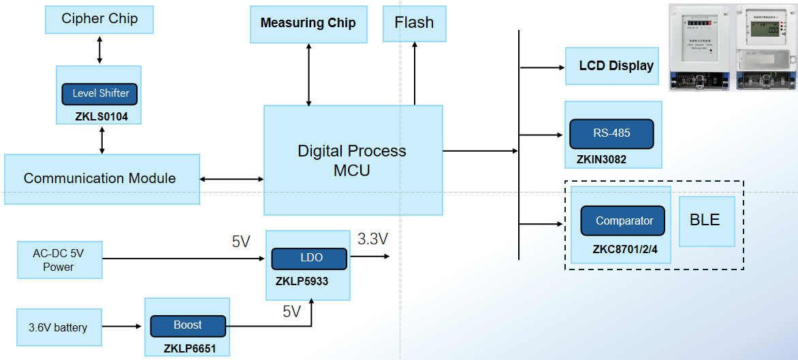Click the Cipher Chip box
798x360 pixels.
99,19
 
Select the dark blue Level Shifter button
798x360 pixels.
100,93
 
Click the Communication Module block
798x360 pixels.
101,178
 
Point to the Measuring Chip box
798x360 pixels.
308,23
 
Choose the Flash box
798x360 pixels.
414,23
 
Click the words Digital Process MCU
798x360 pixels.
352,161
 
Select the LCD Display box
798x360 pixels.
612,66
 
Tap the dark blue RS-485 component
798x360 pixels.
611,133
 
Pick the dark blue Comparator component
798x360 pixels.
622,220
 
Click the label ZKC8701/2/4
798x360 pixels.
625,249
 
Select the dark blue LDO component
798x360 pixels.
309,259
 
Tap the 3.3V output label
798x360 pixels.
372,239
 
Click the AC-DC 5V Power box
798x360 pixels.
59,260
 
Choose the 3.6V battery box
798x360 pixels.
58,327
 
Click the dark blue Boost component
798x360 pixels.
187,326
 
